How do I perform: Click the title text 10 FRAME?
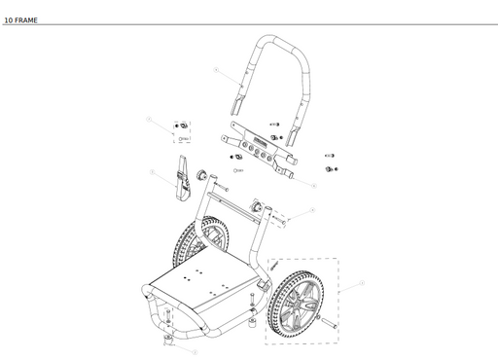(x=20, y=18)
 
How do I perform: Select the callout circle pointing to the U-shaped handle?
(x=215, y=70)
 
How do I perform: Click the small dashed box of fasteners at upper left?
(x=181, y=131)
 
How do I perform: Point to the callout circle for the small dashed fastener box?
(x=150, y=120)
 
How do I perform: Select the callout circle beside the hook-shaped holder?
(x=153, y=172)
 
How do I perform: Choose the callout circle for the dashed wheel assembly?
(x=362, y=283)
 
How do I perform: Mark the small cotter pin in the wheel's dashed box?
(x=274, y=264)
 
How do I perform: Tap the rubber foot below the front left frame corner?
(x=169, y=338)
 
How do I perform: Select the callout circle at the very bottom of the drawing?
(x=196, y=351)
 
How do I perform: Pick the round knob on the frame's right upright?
(x=259, y=206)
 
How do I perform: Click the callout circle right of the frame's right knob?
(x=312, y=210)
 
